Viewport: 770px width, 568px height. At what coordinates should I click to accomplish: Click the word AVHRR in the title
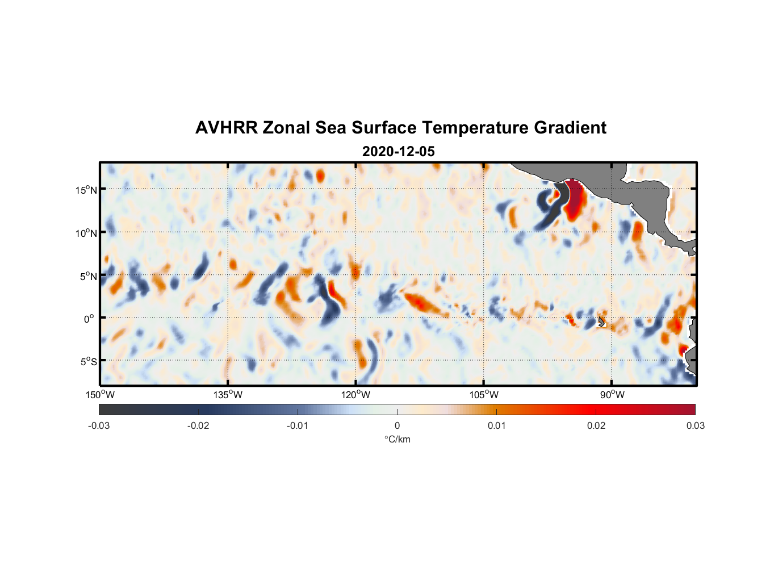[x=226, y=128]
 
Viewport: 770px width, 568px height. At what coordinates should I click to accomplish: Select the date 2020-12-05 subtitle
[x=398, y=152]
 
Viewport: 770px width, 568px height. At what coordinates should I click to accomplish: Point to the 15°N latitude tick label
[x=86, y=190]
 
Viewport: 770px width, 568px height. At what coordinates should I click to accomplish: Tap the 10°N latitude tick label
[x=86, y=233]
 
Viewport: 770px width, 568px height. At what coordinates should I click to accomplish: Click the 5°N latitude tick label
[x=89, y=276]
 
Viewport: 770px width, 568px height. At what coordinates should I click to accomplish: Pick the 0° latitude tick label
[x=89, y=319]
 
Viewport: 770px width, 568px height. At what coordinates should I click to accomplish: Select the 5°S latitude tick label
[x=89, y=361]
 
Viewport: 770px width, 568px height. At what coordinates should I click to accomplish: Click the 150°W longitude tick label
[x=100, y=395]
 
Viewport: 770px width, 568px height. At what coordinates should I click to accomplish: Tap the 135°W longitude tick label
[x=228, y=395]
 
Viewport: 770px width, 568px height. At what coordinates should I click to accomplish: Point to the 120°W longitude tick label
[x=355, y=395]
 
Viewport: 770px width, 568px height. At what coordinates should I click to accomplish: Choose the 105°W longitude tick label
[x=484, y=395]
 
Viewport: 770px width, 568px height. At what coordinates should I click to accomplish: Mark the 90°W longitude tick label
[x=612, y=395]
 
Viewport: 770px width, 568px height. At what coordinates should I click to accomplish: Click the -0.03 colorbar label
[x=99, y=425]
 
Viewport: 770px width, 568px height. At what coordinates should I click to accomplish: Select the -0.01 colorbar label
[x=298, y=425]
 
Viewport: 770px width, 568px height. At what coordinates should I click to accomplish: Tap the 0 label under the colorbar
[x=397, y=425]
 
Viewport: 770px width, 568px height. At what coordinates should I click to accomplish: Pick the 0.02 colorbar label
[x=596, y=425]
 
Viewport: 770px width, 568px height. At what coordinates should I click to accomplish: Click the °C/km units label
[x=397, y=439]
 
